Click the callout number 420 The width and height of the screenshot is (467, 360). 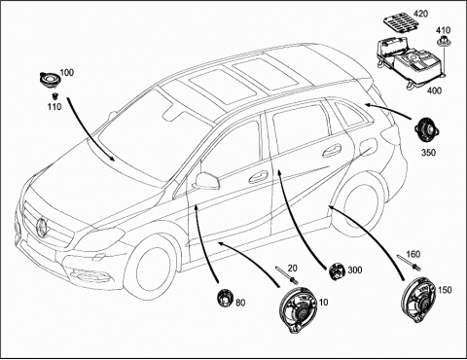(420, 14)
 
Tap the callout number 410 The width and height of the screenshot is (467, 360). (443, 30)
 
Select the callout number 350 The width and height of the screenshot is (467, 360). (428, 152)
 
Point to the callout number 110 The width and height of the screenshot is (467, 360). (54, 106)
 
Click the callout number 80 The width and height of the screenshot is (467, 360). (240, 303)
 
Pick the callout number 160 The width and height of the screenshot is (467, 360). (413, 254)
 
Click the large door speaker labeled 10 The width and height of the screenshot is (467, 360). (299, 310)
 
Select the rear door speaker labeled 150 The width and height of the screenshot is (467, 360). (418, 300)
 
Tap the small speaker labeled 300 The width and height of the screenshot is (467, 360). (337, 271)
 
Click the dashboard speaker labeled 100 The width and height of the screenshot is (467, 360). (49, 79)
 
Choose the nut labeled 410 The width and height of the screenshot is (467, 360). (441, 42)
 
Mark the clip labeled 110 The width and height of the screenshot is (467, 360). (54, 96)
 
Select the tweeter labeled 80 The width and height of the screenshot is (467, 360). (225, 298)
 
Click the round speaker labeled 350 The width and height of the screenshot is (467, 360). (427, 131)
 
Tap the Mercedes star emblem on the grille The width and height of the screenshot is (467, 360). (42, 227)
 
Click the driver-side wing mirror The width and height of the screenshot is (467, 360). (206, 181)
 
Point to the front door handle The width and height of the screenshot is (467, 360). (259, 177)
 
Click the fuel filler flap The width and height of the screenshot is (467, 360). (368, 146)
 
